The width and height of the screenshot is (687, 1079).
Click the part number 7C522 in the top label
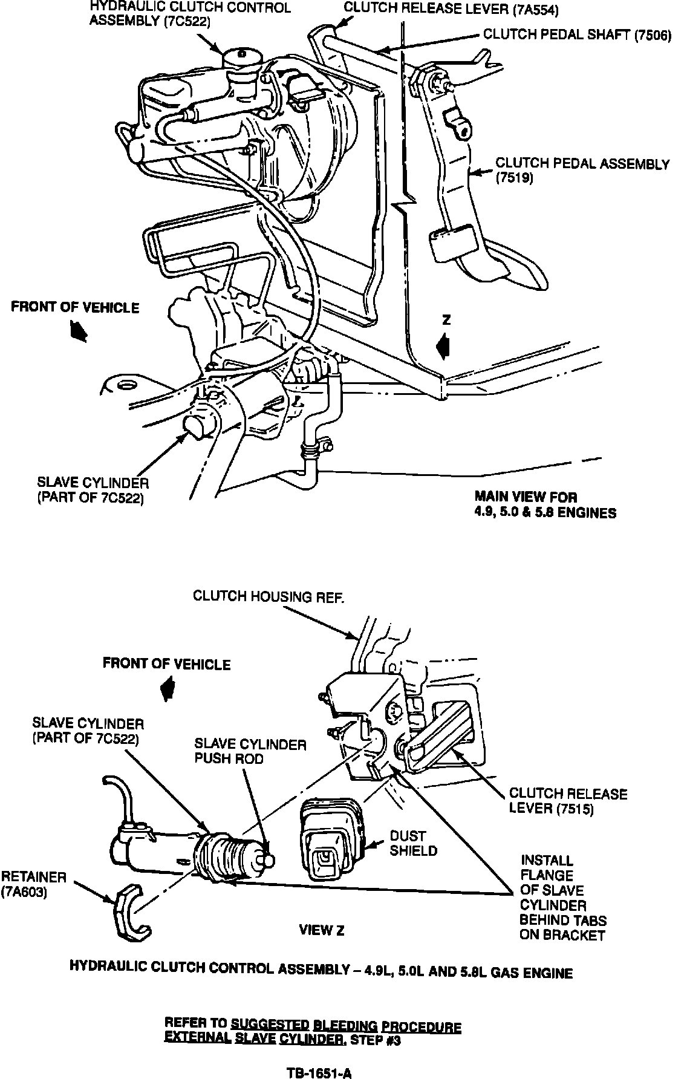[190, 21]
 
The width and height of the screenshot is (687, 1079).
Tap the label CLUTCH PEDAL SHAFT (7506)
[577, 35]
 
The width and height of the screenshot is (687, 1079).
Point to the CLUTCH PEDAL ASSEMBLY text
[582, 164]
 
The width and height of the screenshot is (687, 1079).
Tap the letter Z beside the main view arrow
[446, 321]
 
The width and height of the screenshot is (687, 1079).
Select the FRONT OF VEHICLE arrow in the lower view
[166, 688]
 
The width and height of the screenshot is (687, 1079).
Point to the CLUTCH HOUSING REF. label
[269, 596]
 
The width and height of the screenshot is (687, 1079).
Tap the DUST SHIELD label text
[413, 843]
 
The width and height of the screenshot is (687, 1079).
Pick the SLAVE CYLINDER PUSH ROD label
[250, 752]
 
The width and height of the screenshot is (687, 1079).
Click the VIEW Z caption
[321, 931]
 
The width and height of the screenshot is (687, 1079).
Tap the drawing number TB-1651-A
[319, 1073]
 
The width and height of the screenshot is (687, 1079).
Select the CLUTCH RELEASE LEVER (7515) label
[568, 801]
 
